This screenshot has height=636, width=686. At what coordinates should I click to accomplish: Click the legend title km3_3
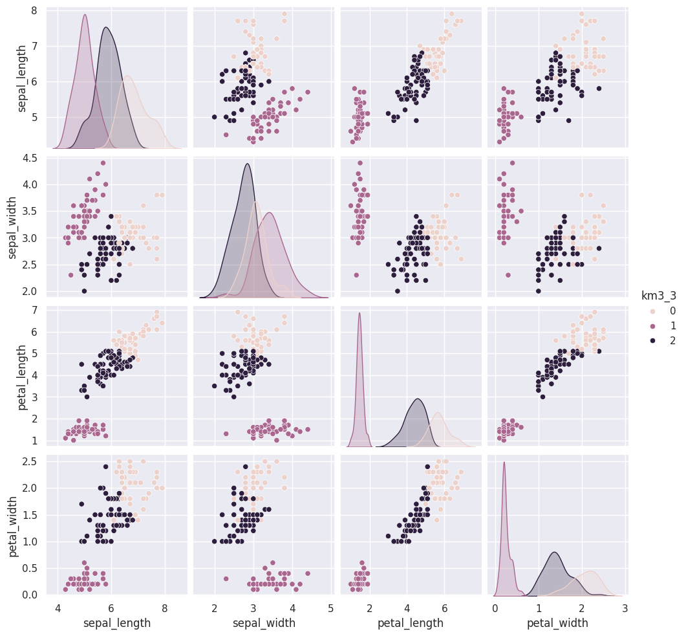[x=658, y=296]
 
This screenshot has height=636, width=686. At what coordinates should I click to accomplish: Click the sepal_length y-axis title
[x=23, y=78]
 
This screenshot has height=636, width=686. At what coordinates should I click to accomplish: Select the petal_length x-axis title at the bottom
[x=411, y=623]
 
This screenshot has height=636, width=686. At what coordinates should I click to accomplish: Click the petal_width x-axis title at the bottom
[x=557, y=623]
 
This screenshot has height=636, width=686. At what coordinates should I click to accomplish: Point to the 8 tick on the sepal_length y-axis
[x=32, y=10]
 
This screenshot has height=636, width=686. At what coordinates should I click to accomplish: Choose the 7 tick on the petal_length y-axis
[x=32, y=310]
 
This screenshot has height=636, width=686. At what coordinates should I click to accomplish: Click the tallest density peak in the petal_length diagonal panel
[x=359, y=314]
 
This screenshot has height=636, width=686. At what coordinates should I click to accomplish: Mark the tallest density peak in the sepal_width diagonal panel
[x=247, y=164]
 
